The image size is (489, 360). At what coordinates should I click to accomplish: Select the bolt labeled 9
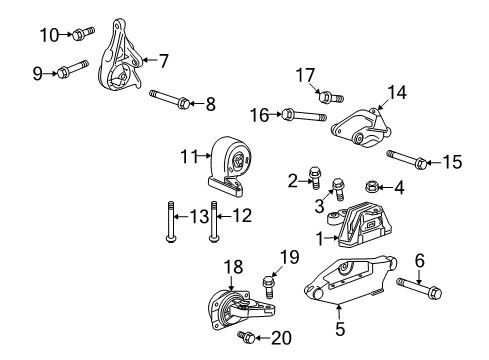[x=77, y=71]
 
